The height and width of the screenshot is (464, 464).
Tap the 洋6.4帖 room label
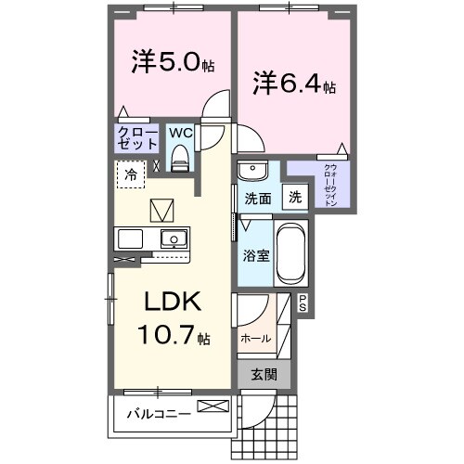[292, 84]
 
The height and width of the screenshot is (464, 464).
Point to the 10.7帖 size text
[173, 334]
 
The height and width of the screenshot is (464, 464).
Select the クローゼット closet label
[135, 138]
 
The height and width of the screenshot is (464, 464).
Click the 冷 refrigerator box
[131, 174]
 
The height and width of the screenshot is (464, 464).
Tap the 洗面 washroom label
[257, 199]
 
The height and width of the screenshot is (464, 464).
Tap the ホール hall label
[256, 339]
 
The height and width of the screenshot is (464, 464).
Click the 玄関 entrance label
[264, 374]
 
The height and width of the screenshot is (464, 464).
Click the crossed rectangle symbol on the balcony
[211, 406]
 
